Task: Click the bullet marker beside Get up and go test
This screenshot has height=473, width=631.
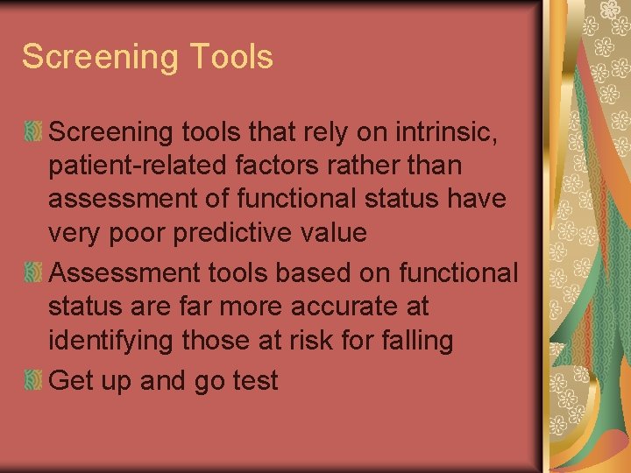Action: coord(33,380)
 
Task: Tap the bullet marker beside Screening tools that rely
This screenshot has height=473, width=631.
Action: coord(33,131)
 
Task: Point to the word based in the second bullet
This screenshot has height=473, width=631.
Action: coord(310,273)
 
